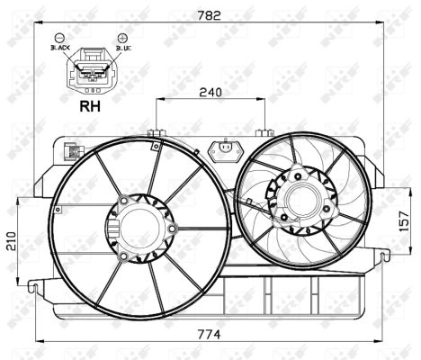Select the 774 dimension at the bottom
[210, 334]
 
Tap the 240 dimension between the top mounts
[211, 92]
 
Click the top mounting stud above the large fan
[156, 135]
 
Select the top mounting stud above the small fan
[264, 133]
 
